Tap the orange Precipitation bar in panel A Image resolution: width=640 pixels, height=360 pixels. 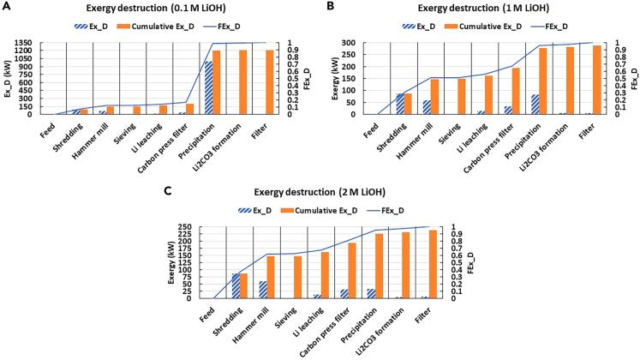217,81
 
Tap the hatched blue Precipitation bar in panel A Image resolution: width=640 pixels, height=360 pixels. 207,87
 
